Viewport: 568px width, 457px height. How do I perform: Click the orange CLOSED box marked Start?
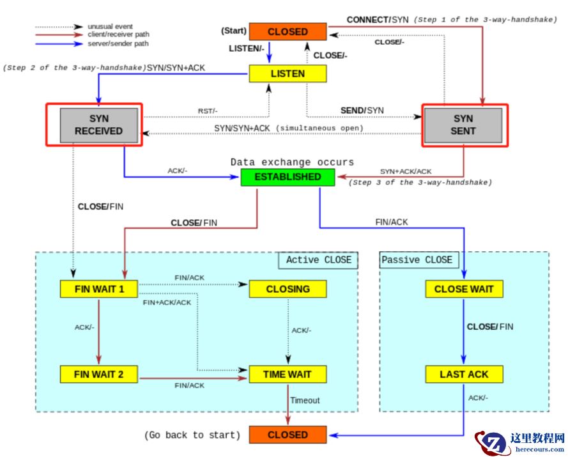[288, 32]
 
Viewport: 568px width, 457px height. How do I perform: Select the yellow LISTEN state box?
[288, 74]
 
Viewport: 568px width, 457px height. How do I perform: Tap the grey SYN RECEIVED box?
[98, 125]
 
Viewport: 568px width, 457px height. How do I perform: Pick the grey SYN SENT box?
[463, 125]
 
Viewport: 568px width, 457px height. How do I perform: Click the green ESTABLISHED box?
[288, 177]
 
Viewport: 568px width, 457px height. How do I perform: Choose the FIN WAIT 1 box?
[99, 289]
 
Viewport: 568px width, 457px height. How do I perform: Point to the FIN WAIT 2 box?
[99, 374]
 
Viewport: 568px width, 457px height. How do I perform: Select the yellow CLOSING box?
[288, 289]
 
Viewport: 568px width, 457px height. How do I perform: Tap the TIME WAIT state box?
[288, 374]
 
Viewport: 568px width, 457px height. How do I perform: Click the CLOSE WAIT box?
[464, 289]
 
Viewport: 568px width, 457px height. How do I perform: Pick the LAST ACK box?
[464, 374]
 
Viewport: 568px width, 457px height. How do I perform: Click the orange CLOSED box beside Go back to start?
[288, 435]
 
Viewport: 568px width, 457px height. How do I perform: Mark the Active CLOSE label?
[318, 260]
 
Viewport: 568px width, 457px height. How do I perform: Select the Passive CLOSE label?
[417, 259]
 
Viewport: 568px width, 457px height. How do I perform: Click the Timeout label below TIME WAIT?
[305, 401]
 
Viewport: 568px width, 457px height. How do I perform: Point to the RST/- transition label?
[208, 111]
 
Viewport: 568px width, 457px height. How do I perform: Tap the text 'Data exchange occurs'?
[292, 162]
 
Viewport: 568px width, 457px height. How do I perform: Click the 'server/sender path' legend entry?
[116, 44]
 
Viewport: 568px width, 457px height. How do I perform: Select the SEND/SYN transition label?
[362, 111]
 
